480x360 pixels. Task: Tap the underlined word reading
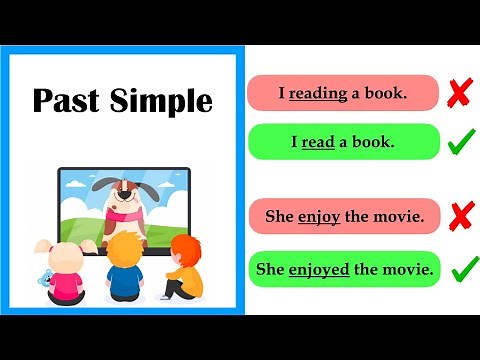(x=318, y=93)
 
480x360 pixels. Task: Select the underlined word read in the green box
(x=318, y=142)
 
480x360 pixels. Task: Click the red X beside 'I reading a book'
(x=459, y=93)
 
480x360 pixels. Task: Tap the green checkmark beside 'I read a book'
(x=460, y=142)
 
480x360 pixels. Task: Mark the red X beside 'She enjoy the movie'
(x=461, y=215)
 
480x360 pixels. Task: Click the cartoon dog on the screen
(x=124, y=206)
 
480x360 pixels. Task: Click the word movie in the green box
(x=409, y=269)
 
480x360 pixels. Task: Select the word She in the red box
(x=278, y=215)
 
